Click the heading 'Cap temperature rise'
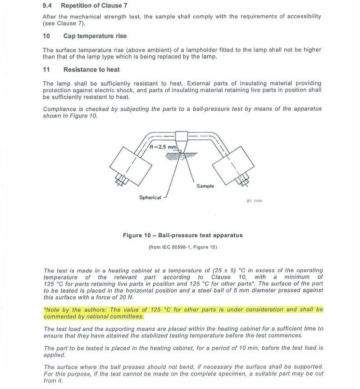95,36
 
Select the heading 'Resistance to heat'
91,69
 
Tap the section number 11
46,69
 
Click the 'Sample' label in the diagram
205,186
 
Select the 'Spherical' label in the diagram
150,197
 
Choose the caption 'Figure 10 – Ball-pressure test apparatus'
182,235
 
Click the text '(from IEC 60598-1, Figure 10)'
182,247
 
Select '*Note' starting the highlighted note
51,310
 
